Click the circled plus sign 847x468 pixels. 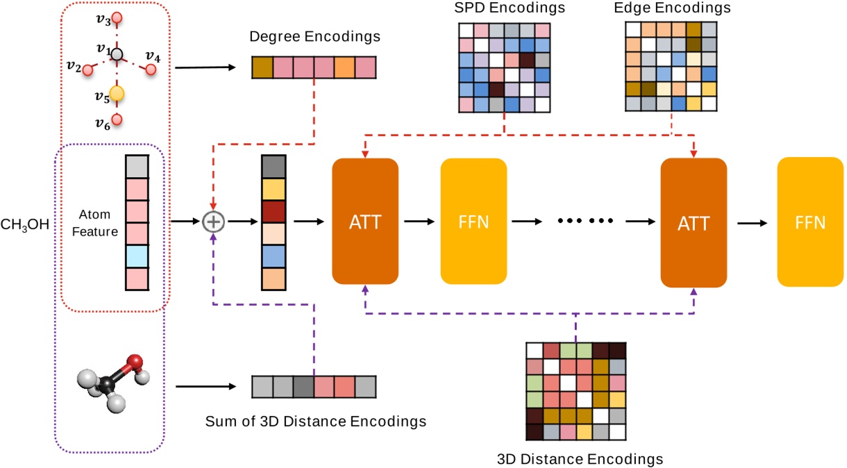tap(213, 222)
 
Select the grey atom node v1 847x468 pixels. tap(118, 53)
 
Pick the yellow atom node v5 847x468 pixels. tap(117, 92)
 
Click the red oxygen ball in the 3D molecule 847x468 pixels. tap(135, 362)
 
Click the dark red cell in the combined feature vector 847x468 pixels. tap(273, 210)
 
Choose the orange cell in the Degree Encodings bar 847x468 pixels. tap(345, 67)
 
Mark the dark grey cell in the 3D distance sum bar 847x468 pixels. tap(303, 386)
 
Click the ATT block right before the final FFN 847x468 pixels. tap(694, 222)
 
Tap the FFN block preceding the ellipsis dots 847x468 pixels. tap(474, 222)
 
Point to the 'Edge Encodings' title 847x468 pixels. tap(672, 8)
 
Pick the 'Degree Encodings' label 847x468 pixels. tap(315, 35)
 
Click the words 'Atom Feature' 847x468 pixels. tap(98, 223)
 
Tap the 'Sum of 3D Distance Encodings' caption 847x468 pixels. tap(316, 421)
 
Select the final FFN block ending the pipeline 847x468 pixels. tap(810, 222)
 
